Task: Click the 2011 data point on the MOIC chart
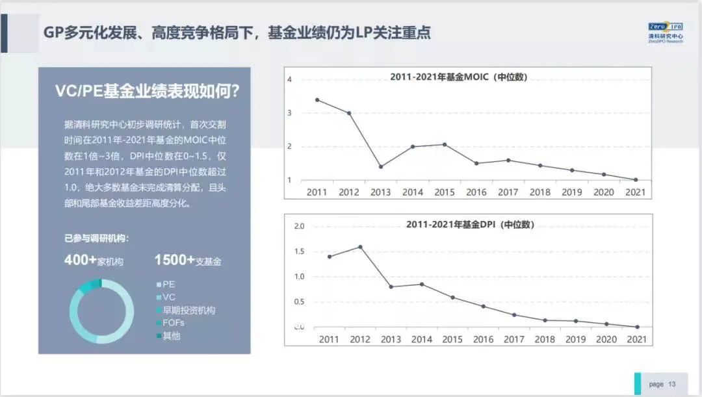tap(317, 99)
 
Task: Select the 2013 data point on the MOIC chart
tap(381, 166)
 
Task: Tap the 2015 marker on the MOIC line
tap(445, 144)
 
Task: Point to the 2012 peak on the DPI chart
tap(360, 247)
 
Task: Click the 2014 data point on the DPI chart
tap(422, 284)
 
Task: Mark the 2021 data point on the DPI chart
tap(637, 327)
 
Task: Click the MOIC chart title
tap(458, 77)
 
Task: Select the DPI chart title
tap(470, 225)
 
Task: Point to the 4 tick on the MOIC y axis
tap(290, 79)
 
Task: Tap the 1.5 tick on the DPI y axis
tap(300, 251)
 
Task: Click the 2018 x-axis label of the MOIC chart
tap(539, 192)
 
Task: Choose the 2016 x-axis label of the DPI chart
tap(483, 339)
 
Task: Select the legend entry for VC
tap(168, 297)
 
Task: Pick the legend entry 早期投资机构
tap(188, 310)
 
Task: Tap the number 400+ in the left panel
tap(80, 260)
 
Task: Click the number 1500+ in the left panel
tap(174, 260)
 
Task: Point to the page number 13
tap(672, 384)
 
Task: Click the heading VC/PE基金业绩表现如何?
tap(147, 91)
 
